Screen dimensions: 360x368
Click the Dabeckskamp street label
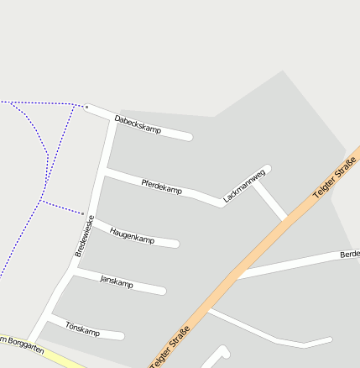click(138, 124)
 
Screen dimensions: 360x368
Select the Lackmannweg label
click(244, 187)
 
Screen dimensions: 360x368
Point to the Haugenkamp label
click(132, 235)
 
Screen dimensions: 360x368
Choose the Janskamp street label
click(116, 281)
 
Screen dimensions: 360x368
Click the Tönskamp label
click(82, 329)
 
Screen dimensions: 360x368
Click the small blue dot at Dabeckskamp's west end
click(86, 107)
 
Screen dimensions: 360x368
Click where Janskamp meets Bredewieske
click(73, 272)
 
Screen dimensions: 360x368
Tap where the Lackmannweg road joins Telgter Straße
click(286, 218)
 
